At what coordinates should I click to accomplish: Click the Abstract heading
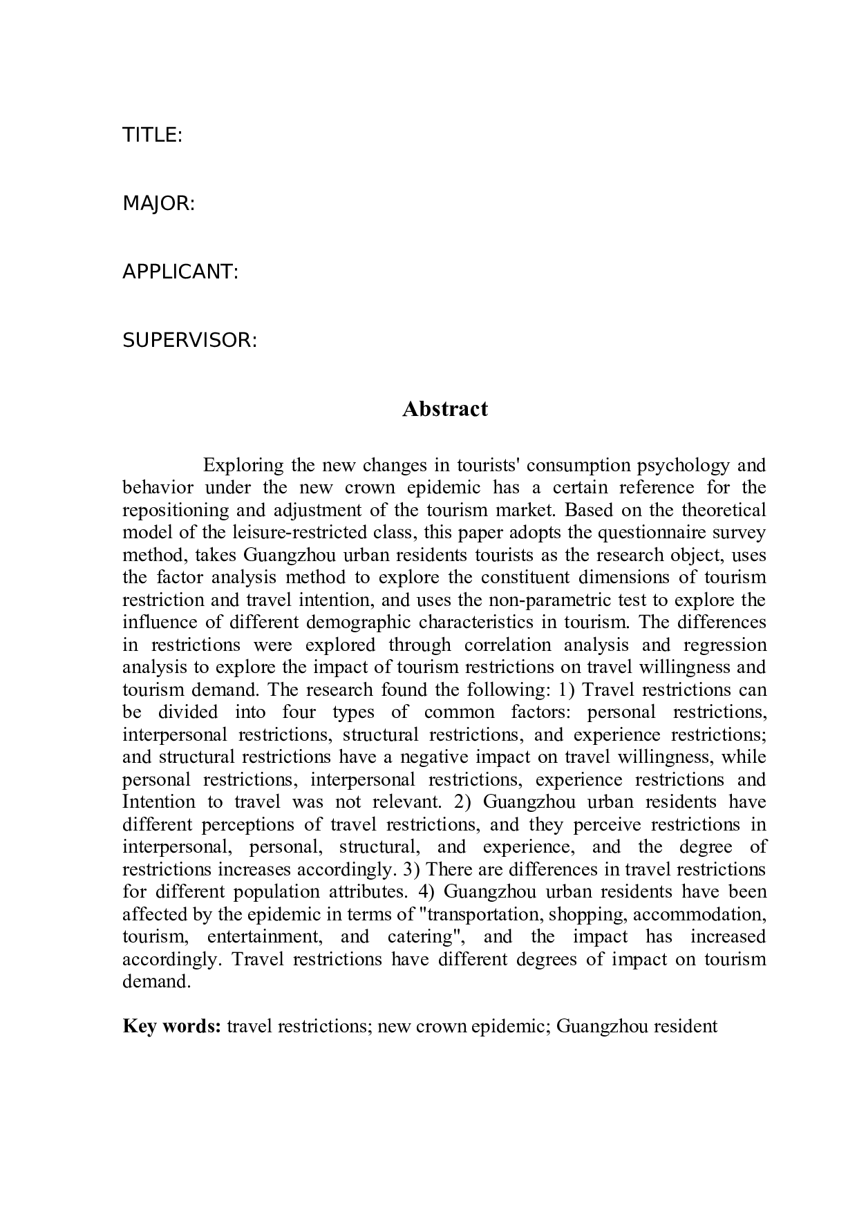click(444, 408)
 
